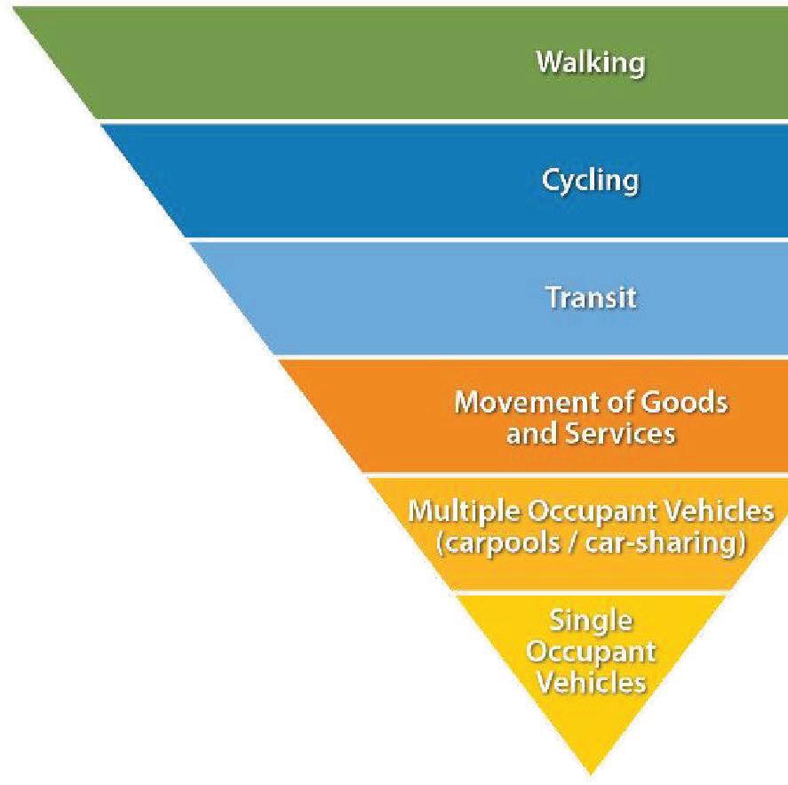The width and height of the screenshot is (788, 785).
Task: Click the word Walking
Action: point(590,63)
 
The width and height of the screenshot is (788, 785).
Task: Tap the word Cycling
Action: point(590,180)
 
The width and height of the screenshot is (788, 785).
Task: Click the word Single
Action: point(591,619)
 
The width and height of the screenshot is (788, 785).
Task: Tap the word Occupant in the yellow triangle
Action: point(591,651)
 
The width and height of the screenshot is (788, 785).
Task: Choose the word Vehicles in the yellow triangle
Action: point(591,682)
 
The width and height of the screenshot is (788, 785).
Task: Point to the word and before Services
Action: point(529,434)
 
